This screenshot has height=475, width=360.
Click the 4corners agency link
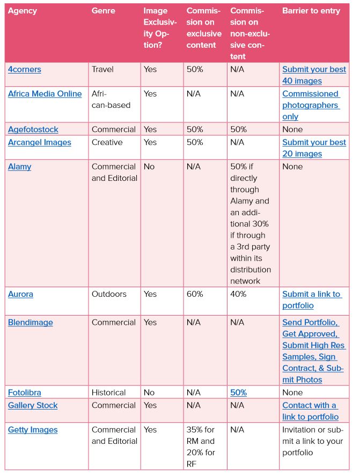[24, 69]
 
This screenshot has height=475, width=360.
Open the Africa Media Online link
[45, 93]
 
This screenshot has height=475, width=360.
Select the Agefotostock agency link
[33, 129]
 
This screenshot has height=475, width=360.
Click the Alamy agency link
[19, 166]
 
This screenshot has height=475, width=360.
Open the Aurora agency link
[20, 294]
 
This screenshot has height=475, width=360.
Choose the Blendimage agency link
[30, 323]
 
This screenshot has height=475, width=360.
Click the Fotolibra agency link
[25, 392]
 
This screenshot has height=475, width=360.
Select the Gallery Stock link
[33, 405]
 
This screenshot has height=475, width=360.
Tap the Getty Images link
[33, 430]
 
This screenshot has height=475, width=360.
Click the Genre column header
[103, 11]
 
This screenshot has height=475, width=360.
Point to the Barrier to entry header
[311, 11]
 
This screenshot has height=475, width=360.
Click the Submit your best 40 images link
[314, 75]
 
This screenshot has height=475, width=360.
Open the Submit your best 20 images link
[314, 148]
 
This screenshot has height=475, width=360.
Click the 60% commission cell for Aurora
[195, 294]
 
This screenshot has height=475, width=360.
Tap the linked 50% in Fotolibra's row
[238, 392]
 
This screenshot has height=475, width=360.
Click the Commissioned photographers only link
[311, 105]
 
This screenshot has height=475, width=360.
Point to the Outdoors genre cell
[109, 294]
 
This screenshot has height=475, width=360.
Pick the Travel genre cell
[102, 69]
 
